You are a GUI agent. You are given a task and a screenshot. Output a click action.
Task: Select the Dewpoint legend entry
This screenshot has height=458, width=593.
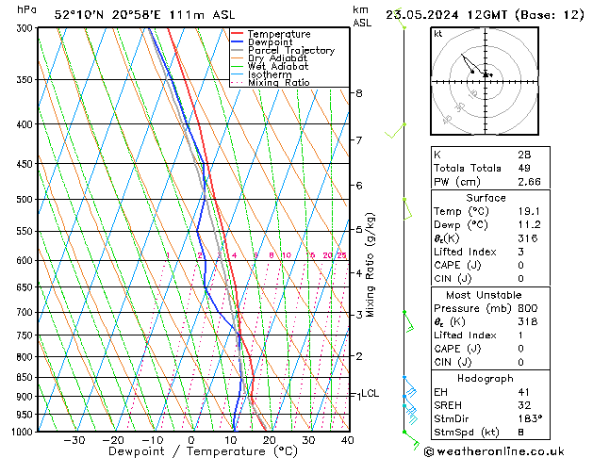(x=273, y=42)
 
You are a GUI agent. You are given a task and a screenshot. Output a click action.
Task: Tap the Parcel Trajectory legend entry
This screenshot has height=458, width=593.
(x=290, y=51)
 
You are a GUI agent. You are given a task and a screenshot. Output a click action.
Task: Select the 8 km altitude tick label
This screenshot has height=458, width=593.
(x=358, y=93)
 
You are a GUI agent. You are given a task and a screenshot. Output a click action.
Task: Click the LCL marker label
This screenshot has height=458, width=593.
(x=370, y=394)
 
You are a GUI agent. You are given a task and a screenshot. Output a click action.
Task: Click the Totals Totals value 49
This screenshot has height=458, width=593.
(x=522, y=168)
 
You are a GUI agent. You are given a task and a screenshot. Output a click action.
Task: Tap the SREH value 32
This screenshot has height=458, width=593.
(x=522, y=403)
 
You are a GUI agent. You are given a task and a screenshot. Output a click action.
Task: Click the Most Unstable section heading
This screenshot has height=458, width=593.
(x=486, y=294)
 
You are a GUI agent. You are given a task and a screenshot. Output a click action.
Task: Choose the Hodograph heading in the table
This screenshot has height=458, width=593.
(x=486, y=377)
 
